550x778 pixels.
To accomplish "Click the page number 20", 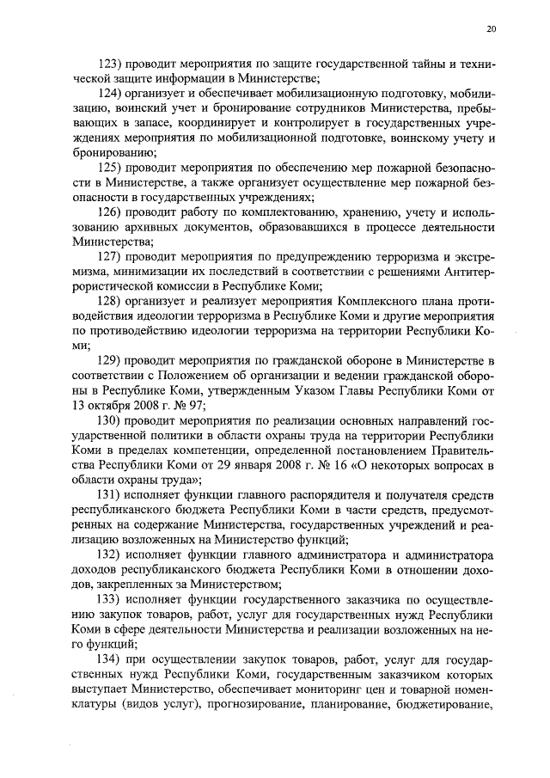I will coord(491,29).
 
